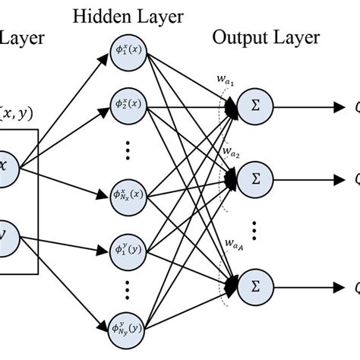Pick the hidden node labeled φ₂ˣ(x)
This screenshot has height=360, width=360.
tap(125, 103)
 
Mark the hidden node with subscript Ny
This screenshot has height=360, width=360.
tap(125, 329)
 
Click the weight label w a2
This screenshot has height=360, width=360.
tap(232, 153)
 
